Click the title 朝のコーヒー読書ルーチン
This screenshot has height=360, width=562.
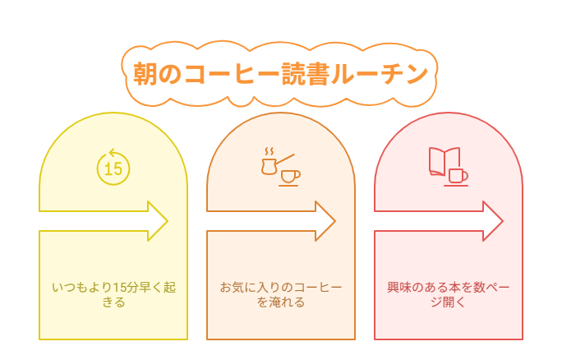[280, 73]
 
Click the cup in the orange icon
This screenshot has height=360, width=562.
[289, 176]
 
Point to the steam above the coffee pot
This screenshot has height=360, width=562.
[268, 151]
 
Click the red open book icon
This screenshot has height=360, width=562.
[444, 161]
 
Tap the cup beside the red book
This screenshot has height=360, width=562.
[457, 176]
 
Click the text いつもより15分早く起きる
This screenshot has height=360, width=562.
[113, 295]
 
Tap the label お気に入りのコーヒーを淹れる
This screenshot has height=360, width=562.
[281, 295]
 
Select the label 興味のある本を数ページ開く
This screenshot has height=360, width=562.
[449, 295]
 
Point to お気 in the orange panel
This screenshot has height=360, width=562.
[232, 288]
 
